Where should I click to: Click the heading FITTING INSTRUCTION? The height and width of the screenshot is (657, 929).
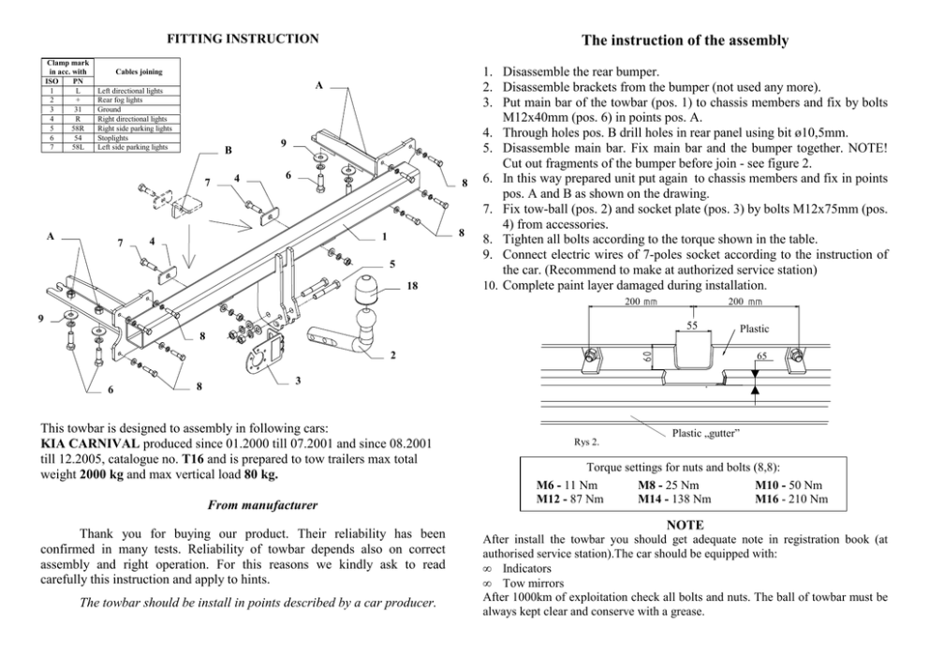(x=243, y=39)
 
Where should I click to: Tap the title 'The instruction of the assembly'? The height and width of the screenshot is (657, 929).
(x=685, y=40)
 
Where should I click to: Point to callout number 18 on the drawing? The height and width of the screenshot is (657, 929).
(x=413, y=285)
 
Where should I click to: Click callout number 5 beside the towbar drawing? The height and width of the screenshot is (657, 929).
(x=392, y=263)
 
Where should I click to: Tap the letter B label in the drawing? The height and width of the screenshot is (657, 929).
(x=229, y=150)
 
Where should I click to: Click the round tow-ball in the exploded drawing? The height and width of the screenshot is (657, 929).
(x=362, y=291)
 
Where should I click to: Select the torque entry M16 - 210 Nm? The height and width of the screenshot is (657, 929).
(x=790, y=500)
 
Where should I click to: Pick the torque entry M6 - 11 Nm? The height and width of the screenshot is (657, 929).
(x=567, y=485)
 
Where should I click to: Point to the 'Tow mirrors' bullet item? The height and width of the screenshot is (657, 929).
(x=528, y=582)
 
